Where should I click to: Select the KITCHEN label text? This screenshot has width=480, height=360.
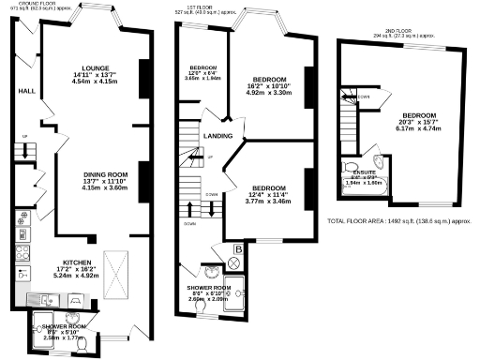click(x=78, y=262)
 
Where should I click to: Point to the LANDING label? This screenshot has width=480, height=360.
click(x=217, y=136)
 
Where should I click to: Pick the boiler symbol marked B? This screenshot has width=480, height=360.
click(x=238, y=250)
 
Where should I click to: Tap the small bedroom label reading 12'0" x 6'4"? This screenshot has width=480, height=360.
click(x=203, y=74)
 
